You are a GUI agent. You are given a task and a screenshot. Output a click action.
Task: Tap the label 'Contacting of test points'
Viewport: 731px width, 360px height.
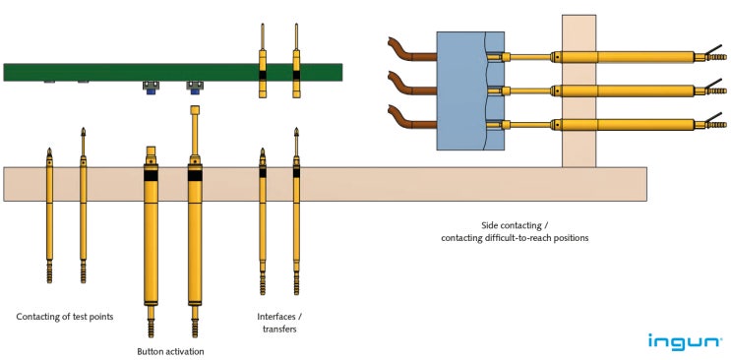click(65, 317)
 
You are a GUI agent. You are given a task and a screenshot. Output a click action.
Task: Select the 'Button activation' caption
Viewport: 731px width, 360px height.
click(171, 351)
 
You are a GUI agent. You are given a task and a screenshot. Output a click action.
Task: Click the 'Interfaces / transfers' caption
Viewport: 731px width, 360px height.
click(277, 323)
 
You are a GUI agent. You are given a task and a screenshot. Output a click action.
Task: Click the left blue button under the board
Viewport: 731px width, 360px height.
click(152, 87)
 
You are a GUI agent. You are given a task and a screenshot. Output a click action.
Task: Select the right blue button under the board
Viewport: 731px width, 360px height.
click(194, 87)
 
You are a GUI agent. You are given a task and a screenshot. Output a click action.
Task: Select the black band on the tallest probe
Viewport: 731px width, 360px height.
click(195, 175)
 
